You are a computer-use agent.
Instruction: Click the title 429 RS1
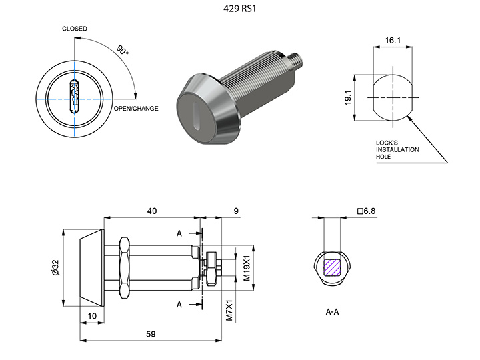(240, 9)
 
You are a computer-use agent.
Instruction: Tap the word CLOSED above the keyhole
(75, 29)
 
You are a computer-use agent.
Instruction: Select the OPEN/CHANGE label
(136, 108)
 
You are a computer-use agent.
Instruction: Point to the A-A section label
(334, 311)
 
